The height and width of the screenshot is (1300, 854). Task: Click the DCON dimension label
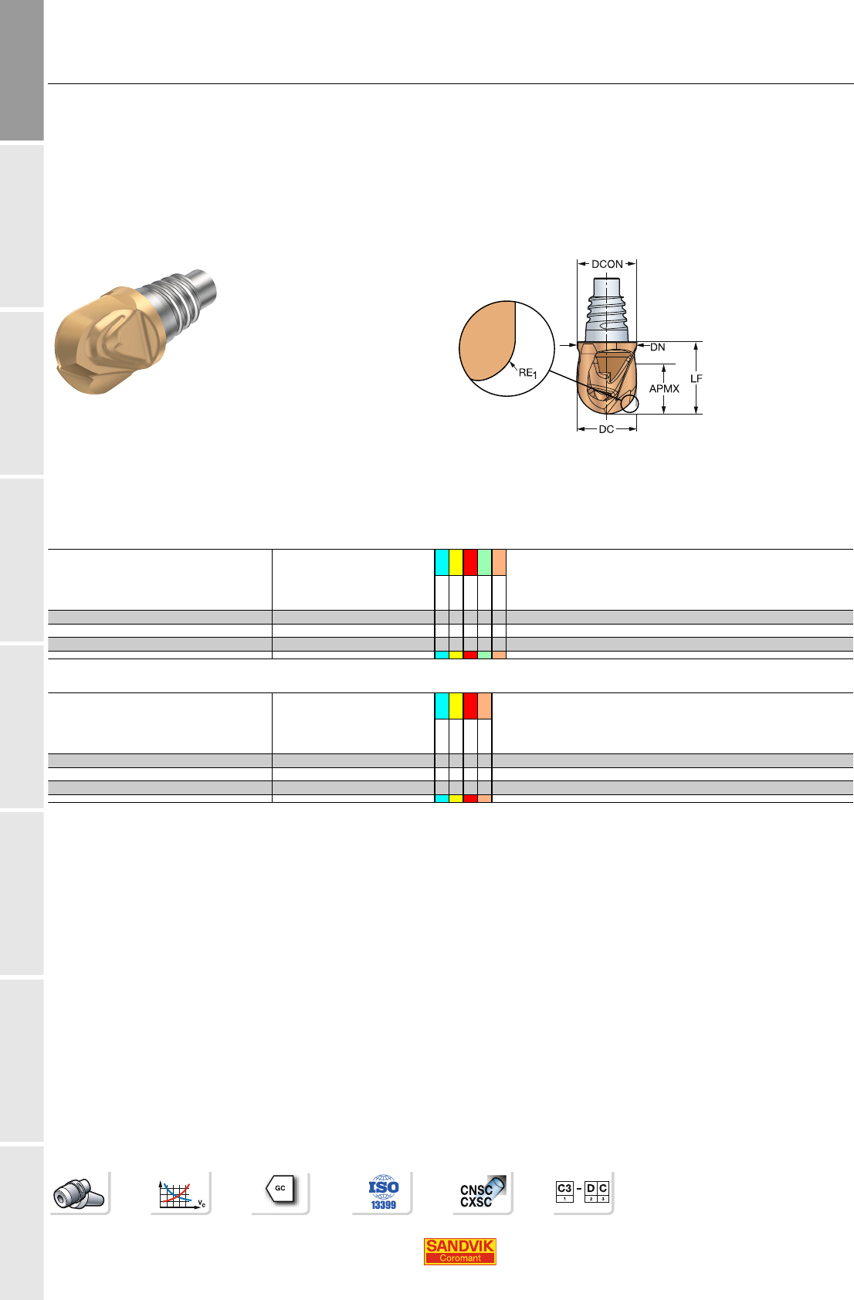(607, 264)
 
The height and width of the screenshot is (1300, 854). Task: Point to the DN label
(657, 347)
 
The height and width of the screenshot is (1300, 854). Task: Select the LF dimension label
(696, 378)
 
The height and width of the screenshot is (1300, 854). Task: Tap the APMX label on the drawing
(663, 389)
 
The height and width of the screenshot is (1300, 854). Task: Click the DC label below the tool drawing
(606, 429)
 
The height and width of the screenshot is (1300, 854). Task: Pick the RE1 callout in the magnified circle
(527, 373)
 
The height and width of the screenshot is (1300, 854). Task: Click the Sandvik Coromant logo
(459, 1251)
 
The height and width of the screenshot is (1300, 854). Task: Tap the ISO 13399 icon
(383, 1192)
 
